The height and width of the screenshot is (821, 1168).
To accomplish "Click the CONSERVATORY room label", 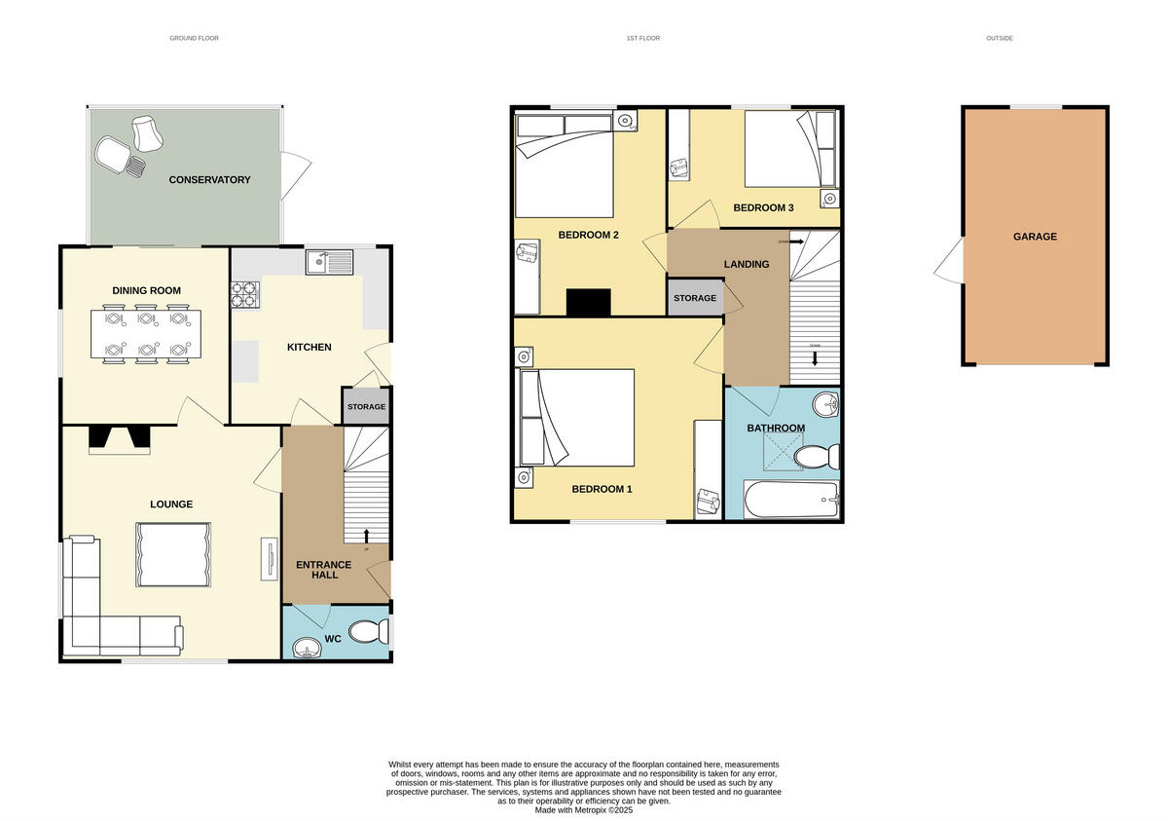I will click(x=209, y=180).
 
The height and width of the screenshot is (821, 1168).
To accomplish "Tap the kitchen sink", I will click(x=329, y=262).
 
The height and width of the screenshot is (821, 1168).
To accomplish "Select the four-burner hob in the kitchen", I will click(x=246, y=294).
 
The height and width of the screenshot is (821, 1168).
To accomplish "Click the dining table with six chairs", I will click(x=146, y=335).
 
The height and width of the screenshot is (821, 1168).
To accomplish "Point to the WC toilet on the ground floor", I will click(x=368, y=633).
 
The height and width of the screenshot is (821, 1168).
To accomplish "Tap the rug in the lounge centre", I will click(x=172, y=554).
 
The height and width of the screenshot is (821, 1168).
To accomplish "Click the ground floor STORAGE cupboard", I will click(x=366, y=407).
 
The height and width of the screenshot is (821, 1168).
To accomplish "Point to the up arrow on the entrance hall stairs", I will click(x=366, y=534).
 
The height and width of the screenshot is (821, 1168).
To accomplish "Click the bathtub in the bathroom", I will click(x=789, y=501).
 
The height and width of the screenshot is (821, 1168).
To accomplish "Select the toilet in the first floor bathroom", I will click(x=816, y=456).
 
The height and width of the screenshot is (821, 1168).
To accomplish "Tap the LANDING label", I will click(x=747, y=264).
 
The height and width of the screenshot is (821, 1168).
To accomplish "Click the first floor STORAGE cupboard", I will click(x=695, y=298).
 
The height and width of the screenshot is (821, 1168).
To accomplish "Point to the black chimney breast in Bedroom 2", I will click(x=589, y=303).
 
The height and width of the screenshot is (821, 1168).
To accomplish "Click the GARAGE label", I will click(x=1035, y=237).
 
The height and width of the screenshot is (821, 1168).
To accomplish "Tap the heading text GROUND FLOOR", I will click(x=195, y=39).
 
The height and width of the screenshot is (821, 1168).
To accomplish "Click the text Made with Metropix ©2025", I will click(x=584, y=809).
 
